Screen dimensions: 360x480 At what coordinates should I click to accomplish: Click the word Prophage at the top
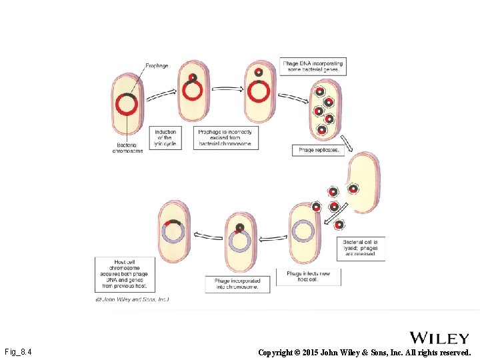coord(157,66)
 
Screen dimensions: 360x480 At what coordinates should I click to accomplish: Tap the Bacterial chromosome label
coord(127,147)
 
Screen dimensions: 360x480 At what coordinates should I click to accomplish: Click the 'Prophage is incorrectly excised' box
coord(225,137)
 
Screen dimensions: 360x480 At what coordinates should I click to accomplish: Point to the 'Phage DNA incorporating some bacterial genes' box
coord(313,66)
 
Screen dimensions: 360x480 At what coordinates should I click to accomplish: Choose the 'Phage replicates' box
coord(318,150)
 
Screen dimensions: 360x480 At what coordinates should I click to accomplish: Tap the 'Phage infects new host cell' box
coord(308,277)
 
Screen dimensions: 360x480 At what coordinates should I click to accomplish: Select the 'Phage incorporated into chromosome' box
coord(237,284)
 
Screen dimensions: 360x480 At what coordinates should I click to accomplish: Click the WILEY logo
coord(439,338)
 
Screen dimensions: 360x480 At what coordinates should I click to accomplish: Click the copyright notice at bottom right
coord(364,352)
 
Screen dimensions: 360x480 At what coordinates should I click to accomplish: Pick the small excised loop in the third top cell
coord(258,73)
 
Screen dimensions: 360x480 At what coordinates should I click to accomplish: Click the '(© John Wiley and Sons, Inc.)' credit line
coord(132,299)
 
